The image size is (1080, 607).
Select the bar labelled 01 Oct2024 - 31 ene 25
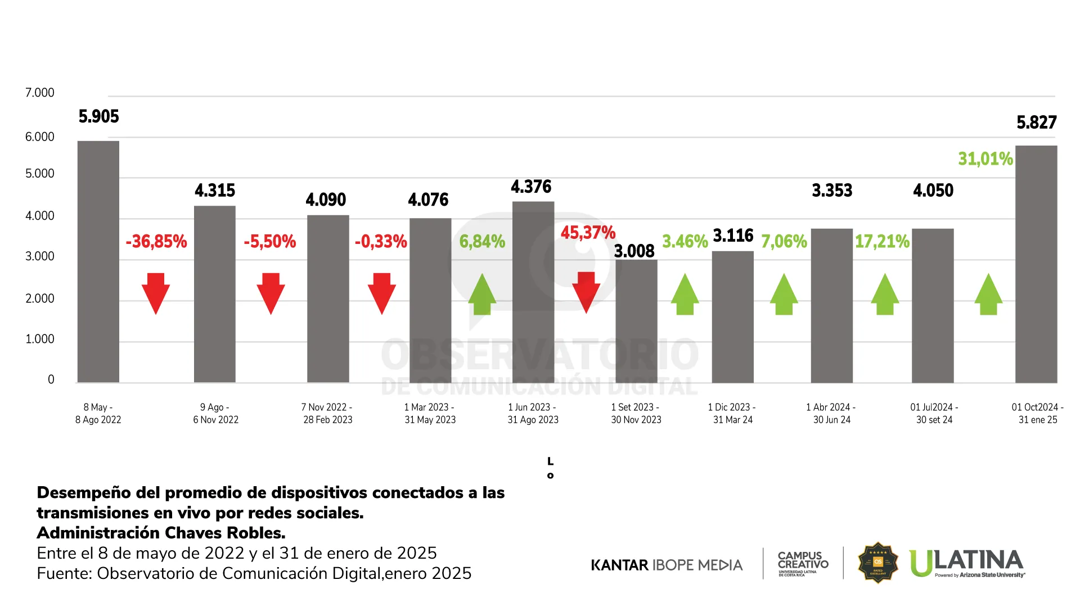(1036, 264)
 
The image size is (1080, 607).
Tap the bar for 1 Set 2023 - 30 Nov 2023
(636, 321)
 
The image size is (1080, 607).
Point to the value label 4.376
(531, 187)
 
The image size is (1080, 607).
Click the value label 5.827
(1036, 123)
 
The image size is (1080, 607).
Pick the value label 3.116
(733, 235)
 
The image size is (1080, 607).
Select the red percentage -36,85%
(156, 242)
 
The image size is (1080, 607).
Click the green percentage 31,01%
(985, 159)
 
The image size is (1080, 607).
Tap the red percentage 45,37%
(588, 233)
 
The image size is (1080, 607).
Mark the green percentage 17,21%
(882, 242)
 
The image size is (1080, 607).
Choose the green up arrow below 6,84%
(482, 294)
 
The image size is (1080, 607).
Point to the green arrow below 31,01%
(988, 294)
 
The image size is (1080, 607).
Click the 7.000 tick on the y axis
(40, 93)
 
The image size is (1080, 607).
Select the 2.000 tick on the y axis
(40, 298)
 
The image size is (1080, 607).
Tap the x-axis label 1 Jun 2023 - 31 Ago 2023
(533, 413)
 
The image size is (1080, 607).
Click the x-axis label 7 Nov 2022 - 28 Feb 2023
(327, 413)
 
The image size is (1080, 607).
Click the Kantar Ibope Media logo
(667, 565)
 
